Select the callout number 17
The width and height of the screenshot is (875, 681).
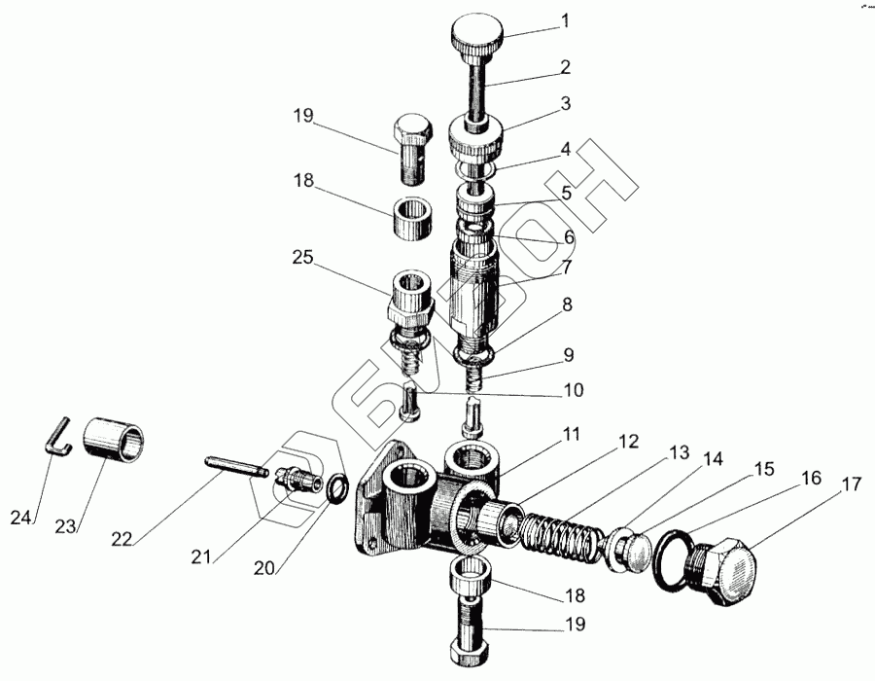pyautogui.click(x=853, y=483)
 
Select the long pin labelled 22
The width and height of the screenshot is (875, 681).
pyautogui.click(x=234, y=465)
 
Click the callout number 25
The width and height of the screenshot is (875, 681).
pyautogui.click(x=302, y=257)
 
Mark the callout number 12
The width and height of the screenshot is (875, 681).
pyautogui.click(x=627, y=442)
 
